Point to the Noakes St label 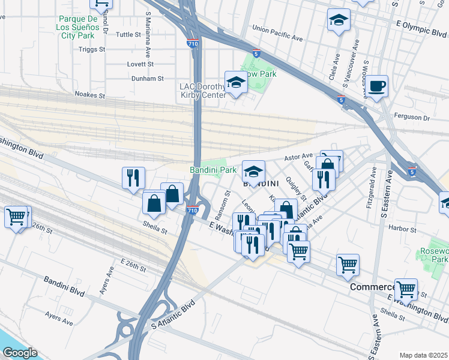(x=90, y=95)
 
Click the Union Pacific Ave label (x=278, y=32)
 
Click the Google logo (x=20, y=353)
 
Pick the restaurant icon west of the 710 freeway (x=133, y=177)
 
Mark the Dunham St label (x=148, y=79)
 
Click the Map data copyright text (x=424, y=355)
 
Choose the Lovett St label (x=140, y=64)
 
